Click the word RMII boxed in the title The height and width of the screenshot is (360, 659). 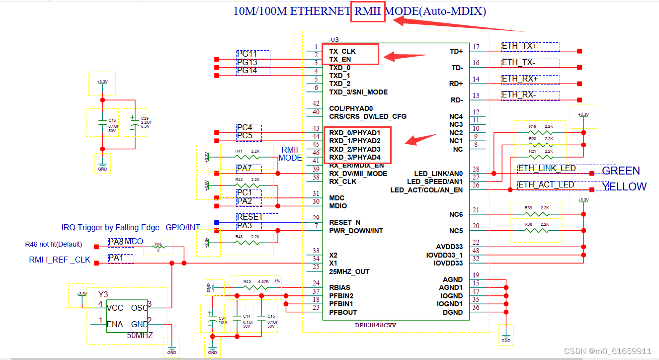point(368,11)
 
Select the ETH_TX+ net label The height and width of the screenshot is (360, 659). point(519,46)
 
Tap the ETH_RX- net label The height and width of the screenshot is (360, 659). point(518,95)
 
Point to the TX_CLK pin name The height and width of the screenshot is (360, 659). point(342,51)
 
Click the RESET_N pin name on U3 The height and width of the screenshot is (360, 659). point(345,222)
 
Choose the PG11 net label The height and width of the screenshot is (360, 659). point(247,54)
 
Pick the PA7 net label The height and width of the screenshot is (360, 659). point(245,169)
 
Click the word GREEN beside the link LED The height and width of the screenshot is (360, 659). point(621,171)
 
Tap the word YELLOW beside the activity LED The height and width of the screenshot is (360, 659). point(624,186)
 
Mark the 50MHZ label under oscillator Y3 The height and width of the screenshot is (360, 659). point(140,336)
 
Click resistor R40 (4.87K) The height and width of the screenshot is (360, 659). point(254,287)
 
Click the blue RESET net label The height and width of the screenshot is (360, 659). point(250,217)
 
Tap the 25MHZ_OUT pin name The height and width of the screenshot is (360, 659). point(349,271)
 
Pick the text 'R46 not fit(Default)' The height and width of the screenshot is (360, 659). point(54,245)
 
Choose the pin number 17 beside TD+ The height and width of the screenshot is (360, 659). point(476,47)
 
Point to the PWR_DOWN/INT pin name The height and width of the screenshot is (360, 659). point(356,231)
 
